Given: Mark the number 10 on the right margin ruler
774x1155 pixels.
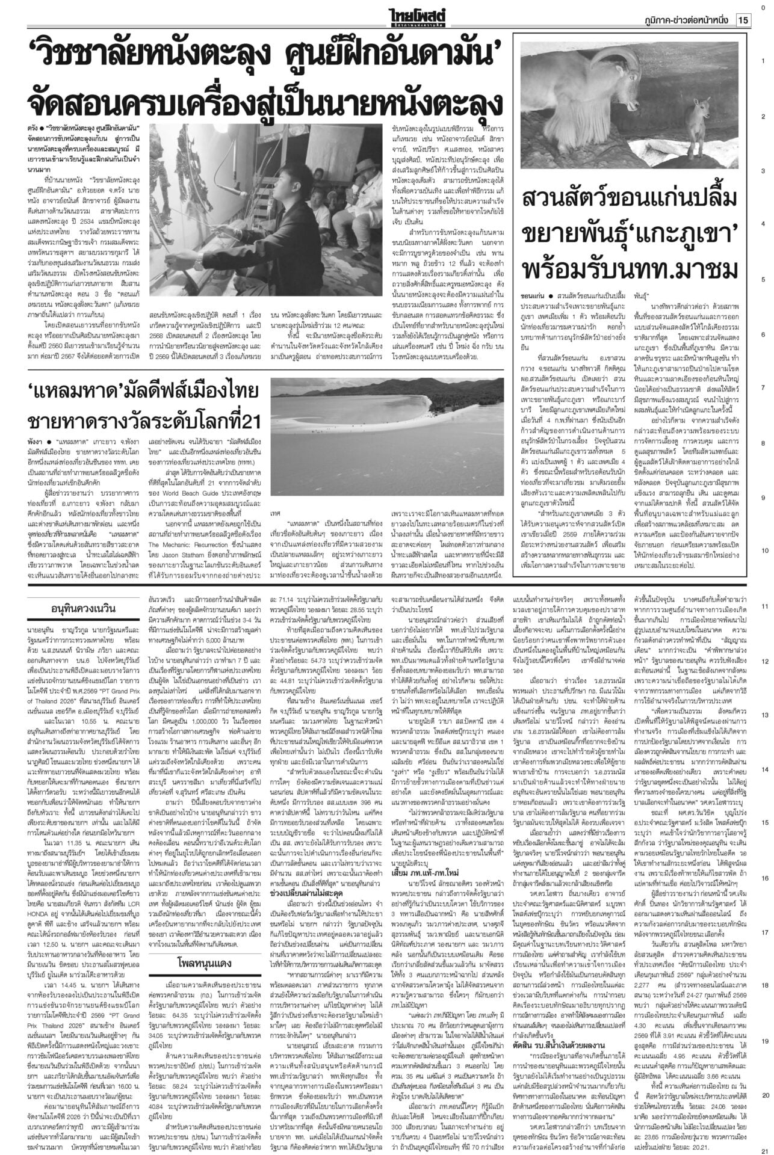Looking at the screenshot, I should pos(763,551).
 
